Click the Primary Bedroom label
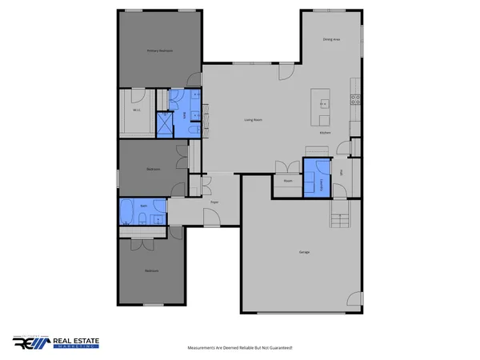[x=160, y=50]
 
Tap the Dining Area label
[x=331, y=39]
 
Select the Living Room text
[x=254, y=120]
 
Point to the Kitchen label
[x=326, y=133]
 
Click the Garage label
[x=304, y=253]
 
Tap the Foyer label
[x=214, y=203]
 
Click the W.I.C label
[x=137, y=110]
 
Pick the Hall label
[x=342, y=173]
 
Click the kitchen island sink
[x=322, y=102]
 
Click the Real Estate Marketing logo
[x=56, y=342]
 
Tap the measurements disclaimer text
[x=240, y=347]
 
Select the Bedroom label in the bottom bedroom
[x=151, y=271]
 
